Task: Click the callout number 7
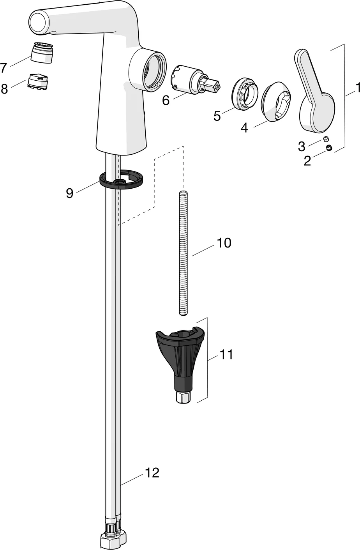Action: pyautogui.click(x=4, y=68)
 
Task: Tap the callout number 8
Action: pyautogui.click(x=4, y=88)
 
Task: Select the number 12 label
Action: pyautogui.click(x=152, y=473)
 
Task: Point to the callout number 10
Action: pyautogui.click(x=224, y=243)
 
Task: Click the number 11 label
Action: pyautogui.click(x=226, y=355)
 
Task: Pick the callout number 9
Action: pyautogui.click(x=70, y=193)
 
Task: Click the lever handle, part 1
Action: pyautogui.click(x=315, y=91)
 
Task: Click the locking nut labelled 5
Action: pyautogui.click(x=245, y=95)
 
